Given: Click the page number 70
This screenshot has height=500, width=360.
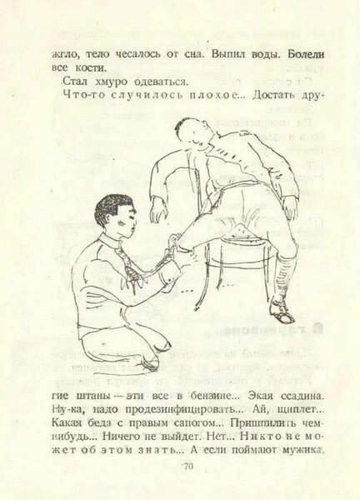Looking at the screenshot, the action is [188, 467].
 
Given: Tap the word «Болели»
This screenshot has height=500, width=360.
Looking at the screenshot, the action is [306, 54].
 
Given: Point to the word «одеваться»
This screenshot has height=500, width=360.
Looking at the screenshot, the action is [159, 82].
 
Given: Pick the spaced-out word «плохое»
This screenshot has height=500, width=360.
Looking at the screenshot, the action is [216, 95].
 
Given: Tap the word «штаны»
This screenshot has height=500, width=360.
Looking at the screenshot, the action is [92, 397].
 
